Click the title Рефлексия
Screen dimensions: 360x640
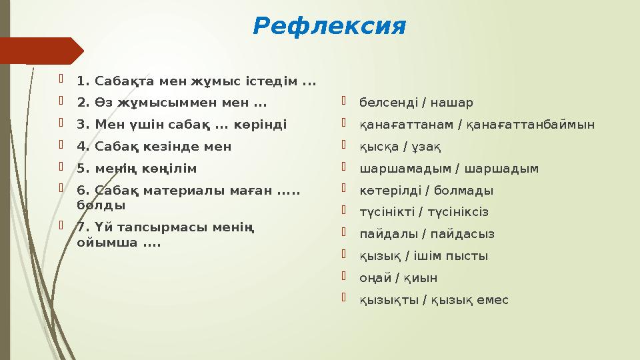(329, 27)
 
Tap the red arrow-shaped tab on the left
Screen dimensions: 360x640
(40, 51)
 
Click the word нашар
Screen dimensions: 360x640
(451, 103)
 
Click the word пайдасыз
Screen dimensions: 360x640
(463, 234)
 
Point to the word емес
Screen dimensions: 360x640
(493, 300)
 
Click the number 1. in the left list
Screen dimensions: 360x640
(83, 82)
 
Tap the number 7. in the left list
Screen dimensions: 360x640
(83, 227)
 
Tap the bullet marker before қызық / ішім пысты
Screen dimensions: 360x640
(344, 255)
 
